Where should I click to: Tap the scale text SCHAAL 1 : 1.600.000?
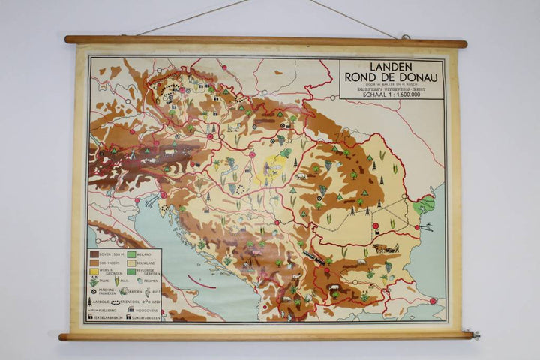pos(391,94)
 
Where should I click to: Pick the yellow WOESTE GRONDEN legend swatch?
pos(94,271)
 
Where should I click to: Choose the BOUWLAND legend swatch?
pos(130,264)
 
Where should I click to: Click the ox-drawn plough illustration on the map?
pos(382,247)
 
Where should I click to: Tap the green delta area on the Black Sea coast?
pos(424,204)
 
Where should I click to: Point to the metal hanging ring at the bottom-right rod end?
pos(471,334)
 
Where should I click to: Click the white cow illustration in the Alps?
pos(169,152)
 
